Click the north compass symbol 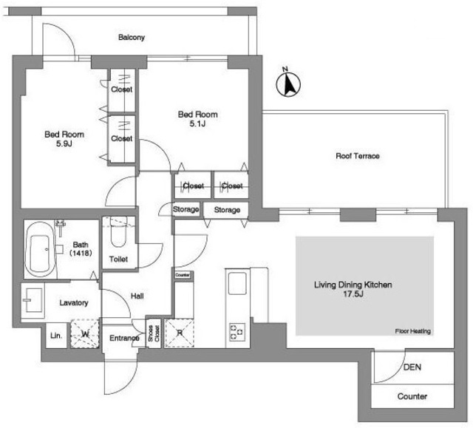click(288, 83)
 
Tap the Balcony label click(132, 38)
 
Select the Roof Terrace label click(358, 156)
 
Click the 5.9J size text click(64, 143)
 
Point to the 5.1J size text click(197, 123)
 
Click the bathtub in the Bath click(40, 250)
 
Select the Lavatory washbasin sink click(33, 300)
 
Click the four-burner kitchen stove click(236, 332)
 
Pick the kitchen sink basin click(237, 283)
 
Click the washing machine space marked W click(85, 334)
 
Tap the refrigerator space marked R click(179, 333)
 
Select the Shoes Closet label click(154, 333)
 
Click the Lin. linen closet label click(56, 336)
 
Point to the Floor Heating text click(412, 331)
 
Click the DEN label click(412, 367)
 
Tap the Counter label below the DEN click(412, 396)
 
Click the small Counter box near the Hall click(183, 275)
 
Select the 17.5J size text click(353, 293)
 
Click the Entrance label click(124, 338)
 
